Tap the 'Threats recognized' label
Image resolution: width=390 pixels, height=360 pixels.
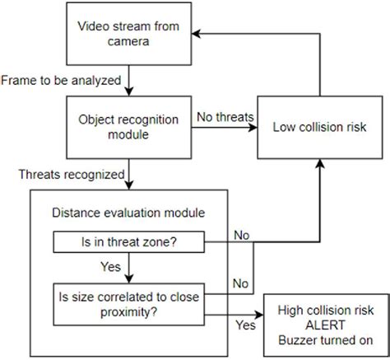click(x=73, y=174)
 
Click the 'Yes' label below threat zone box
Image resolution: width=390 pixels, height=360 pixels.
click(x=110, y=267)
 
